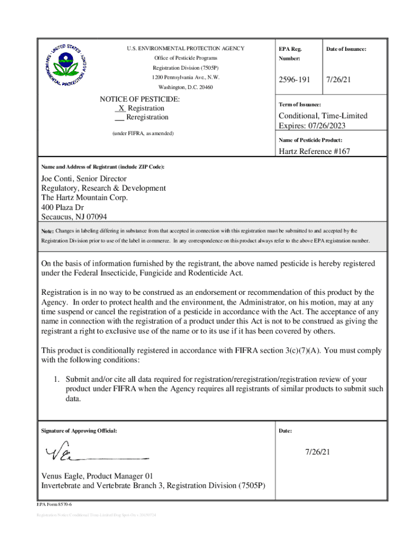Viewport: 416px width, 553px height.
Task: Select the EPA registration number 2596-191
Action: coord(294,80)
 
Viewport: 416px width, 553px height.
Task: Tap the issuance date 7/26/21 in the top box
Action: coord(338,80)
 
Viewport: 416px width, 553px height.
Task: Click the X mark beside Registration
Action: coord(122,109)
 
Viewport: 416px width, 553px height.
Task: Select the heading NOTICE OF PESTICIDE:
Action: coord(140,99)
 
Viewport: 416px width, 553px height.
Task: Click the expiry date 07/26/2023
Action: coord(326,126)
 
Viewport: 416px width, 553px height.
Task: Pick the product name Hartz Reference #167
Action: coord(314,151)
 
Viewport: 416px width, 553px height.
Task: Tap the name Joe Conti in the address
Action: coord(58,179)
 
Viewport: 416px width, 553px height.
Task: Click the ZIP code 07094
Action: coord(95,217)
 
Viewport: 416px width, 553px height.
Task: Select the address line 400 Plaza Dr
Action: coord(63,207)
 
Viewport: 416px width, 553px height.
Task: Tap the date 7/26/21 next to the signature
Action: coord(317,451)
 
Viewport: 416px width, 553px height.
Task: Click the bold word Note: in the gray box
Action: coord(48,231)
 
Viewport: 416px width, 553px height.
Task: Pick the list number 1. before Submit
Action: coord(56,379)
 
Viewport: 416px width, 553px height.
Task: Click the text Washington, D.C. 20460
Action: coord(185,87)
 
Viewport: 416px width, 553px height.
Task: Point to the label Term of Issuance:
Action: coord(299,104)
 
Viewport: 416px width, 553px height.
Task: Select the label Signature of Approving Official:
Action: coord(79,431)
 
